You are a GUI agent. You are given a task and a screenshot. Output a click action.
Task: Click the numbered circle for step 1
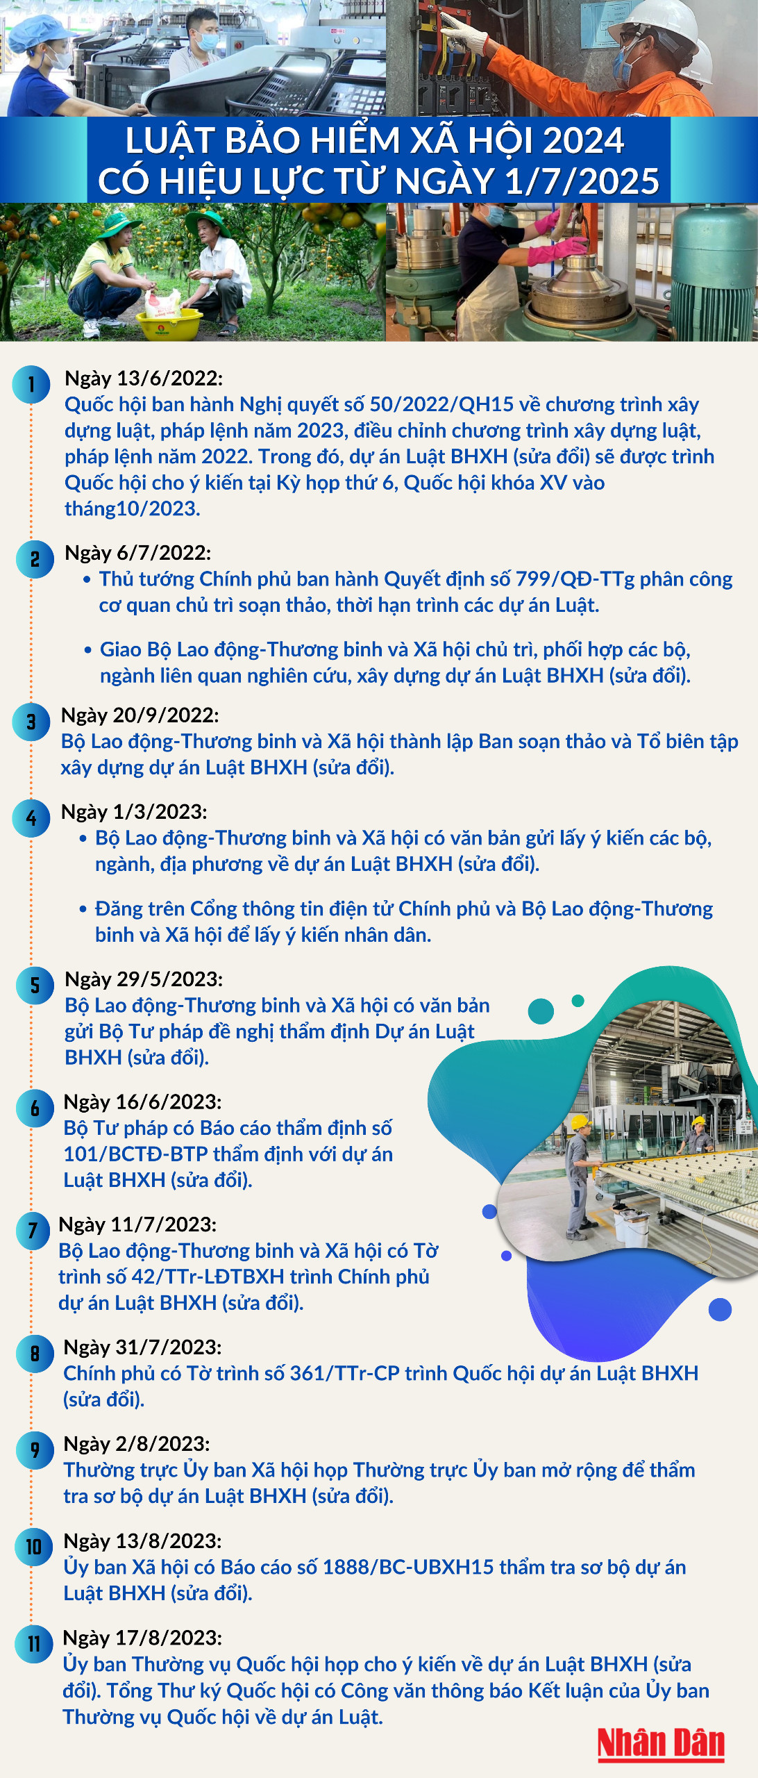click(31, 384)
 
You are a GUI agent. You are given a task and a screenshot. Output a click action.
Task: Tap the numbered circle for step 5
click(35, 985)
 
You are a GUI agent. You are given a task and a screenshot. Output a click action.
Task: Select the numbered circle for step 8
click(35, 1353)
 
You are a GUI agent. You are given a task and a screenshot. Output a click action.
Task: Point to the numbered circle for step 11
click(33, 1644)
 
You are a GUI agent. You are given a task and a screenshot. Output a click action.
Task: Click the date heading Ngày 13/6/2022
click(144, 379)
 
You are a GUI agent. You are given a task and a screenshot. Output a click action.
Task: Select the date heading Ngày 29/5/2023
click(144, 979)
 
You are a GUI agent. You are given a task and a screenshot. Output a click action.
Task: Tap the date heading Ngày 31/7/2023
click(142, 1347)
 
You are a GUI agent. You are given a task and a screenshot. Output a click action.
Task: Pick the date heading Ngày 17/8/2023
click(142, 1638)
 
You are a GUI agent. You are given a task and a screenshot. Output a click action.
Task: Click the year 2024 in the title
click(583, 141)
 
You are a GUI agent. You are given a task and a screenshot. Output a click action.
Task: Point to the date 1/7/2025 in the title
click(582, 182)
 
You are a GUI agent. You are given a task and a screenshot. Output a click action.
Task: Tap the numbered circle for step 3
click(31, 721)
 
